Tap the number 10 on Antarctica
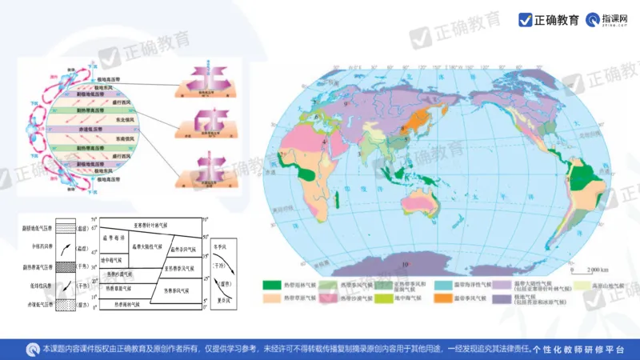[406, 265]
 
